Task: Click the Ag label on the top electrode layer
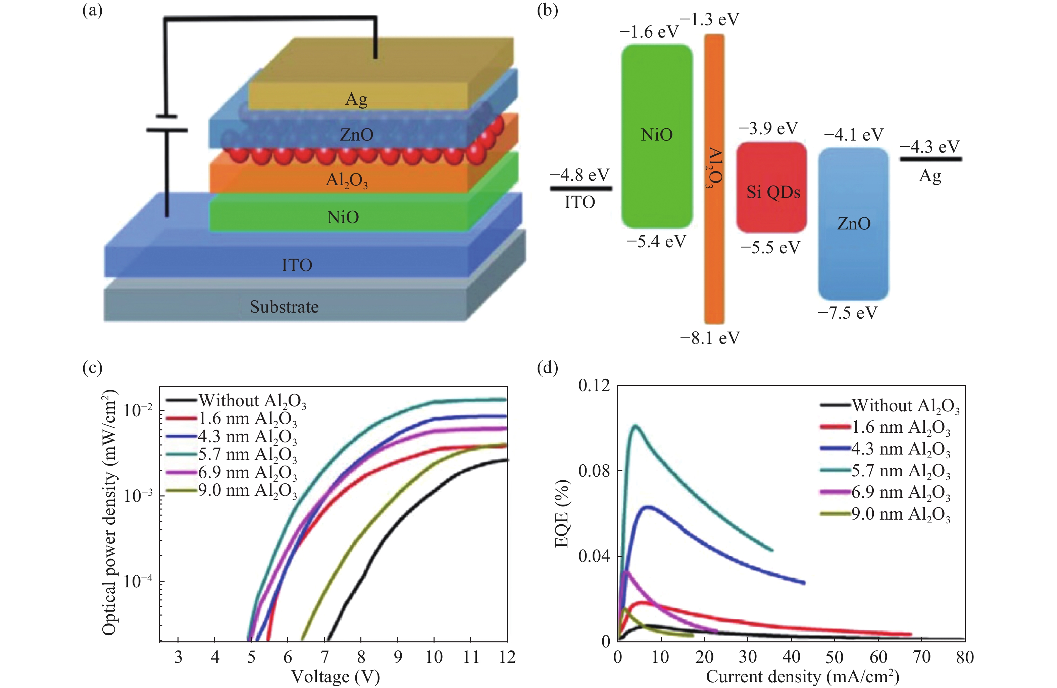click(x=356, y=99)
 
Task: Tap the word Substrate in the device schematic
click(x=284, y=307)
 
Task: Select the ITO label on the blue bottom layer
click(x=297, y=265)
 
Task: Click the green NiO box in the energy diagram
click(x=656, y=136)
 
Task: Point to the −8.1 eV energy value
click(x=710, y=338)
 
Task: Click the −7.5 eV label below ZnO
click(x=847, y=313)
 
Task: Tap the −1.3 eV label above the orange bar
click(x=709, y=19)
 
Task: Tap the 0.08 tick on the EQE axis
click(x=594, y=471)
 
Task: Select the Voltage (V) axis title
click(x=335, y=677)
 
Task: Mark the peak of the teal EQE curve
click(x=636, y=426)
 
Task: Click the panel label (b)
click(x=547, y=10)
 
